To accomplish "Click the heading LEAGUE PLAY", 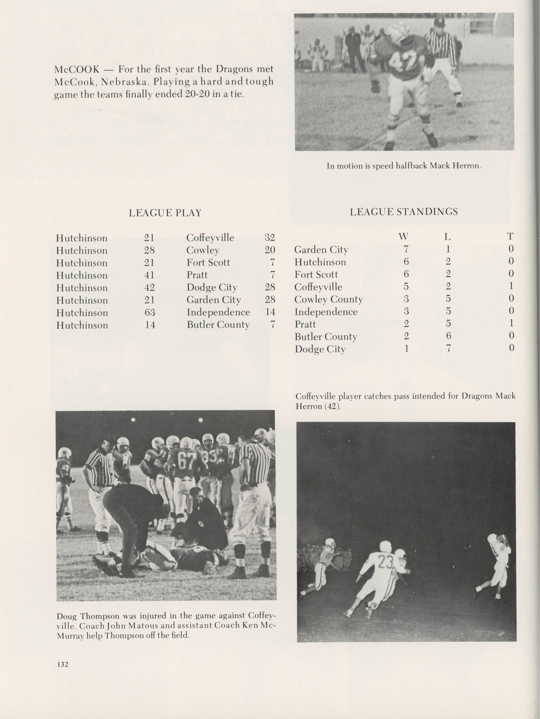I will (x=165, y=213).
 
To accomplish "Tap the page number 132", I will (x=62, y=664).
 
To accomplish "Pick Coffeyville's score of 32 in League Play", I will (x=270, y=238).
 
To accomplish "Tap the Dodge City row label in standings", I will (x=320, y=349).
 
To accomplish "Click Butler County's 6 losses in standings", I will (x=448, y=336).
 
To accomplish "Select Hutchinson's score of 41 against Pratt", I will (x=149, y=275).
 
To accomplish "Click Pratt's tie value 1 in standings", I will (x=511, y=324).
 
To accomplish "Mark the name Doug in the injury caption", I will (x=67, y=616).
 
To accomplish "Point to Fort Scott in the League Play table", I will (x=208, y=262).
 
